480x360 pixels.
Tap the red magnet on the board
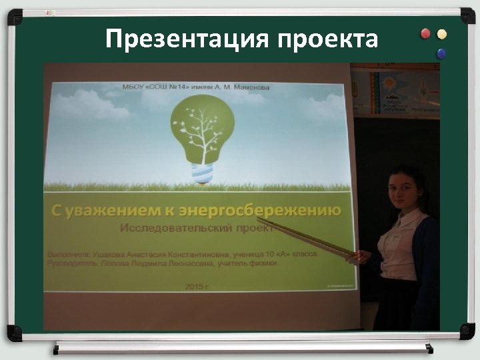click(x=426, y=34)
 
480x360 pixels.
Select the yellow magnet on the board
click(x=441, y=34)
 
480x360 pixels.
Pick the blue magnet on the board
click(x=441, y=53)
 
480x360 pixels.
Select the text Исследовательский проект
click(x=197, y=228)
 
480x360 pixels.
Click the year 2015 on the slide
click(x=194, y=285)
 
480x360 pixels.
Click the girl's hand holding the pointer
click(x=363, y=255)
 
